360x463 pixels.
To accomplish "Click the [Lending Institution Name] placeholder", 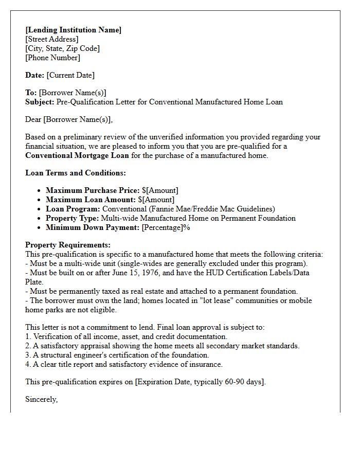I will tap(73, 30).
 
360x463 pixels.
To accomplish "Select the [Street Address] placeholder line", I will tap(52, 39).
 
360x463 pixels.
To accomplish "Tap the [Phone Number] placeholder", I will tap(52, 58).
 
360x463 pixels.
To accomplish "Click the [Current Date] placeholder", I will tap(70, 75).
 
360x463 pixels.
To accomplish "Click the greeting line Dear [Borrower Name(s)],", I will tap(69, 119).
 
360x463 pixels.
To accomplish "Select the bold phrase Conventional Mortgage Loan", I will tap(77, 155).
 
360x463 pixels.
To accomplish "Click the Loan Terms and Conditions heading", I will tap(76, 173).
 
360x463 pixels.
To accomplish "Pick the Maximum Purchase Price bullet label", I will tap(93, 190).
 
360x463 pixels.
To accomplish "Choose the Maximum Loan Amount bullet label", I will tap(91, 200).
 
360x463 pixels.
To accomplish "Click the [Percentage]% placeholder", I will tap(166, 227).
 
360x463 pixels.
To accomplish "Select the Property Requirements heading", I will tap(68, 245).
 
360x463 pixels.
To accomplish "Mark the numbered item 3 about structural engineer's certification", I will tap(117, 355).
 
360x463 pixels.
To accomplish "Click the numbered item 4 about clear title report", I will tap(124, 364).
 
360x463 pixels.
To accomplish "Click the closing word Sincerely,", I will tap(42, 399).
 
